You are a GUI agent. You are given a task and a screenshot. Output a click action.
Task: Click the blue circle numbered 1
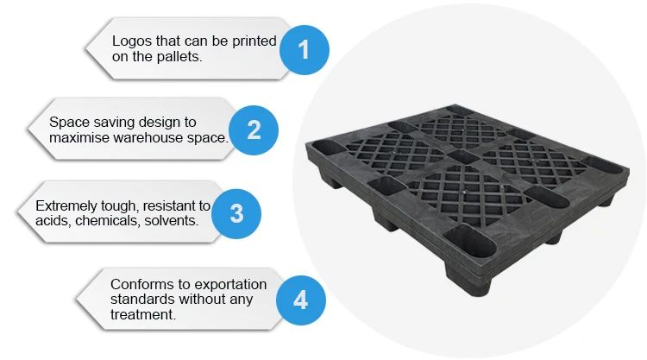304,49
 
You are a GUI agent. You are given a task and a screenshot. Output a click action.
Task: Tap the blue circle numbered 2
254,129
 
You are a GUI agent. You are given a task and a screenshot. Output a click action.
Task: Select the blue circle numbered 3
236,212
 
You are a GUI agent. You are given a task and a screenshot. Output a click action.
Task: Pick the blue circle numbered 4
300,300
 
